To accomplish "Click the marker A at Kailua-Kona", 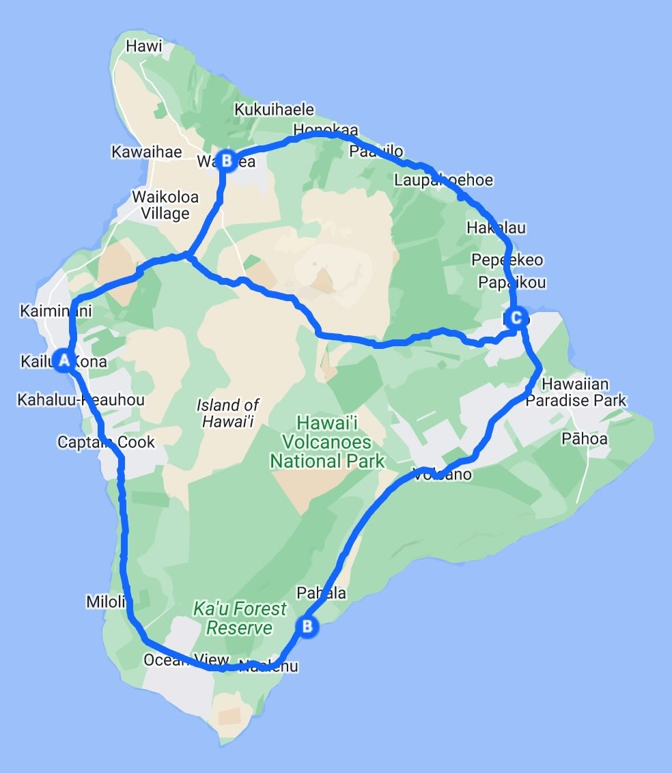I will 64,360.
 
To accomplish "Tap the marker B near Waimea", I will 227,161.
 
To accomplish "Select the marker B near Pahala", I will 307,626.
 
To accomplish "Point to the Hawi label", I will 144,46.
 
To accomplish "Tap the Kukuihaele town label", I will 274,109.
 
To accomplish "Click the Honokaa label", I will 325,129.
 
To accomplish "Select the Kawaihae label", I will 147,152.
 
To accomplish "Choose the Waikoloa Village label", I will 165,205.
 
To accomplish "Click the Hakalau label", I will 496,227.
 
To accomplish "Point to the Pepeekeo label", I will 507,260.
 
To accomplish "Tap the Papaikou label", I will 512,282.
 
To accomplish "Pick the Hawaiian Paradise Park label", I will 576,393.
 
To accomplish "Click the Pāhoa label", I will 584,438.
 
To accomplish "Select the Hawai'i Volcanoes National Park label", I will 327,442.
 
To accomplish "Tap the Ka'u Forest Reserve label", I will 240,618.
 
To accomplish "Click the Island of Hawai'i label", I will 227,413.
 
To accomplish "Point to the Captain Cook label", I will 106,442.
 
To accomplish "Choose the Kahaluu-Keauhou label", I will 81,399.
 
